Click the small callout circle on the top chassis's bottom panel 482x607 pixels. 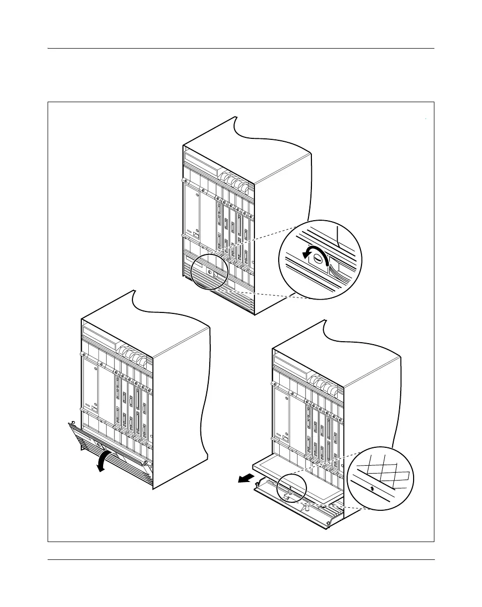click(x=209, y=271)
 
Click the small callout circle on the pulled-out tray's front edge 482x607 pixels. click(x=290, y=488)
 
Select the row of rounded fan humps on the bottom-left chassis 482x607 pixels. click(x=134, y=353)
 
